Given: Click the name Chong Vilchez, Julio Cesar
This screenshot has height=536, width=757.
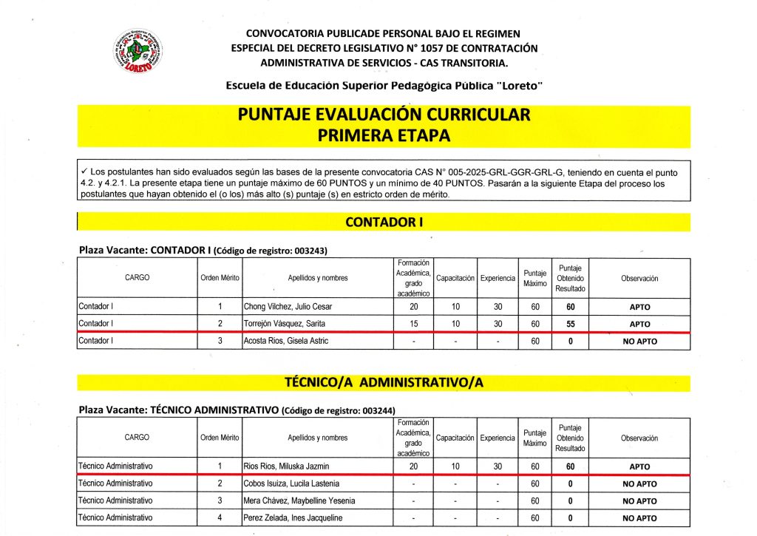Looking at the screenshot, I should tap(278, 306).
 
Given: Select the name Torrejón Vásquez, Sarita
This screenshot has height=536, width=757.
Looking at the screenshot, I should tap(281, 324).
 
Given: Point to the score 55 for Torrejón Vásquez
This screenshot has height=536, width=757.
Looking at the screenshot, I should tap(571, 324).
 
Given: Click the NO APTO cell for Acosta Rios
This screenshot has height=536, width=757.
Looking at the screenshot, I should tap(639, 342).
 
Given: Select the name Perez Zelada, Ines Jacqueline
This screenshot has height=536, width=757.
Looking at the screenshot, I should tap(286, 518).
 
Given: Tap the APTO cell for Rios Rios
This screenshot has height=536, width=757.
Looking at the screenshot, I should tap(639, 467).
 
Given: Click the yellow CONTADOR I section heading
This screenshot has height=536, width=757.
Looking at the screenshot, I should tap(383, 222).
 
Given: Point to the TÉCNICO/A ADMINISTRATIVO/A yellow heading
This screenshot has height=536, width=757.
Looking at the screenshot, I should tap(383, 382).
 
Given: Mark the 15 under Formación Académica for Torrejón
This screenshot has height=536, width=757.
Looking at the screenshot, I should tap(414, 324).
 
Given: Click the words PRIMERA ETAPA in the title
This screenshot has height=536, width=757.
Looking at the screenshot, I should tap(383, 136).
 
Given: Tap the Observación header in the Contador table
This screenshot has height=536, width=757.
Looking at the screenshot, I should tap(639, 278).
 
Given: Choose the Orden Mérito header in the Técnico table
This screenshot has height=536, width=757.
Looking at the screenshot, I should tap(220, 438).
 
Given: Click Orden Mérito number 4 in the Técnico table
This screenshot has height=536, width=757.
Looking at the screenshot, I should tap(220, 518).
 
